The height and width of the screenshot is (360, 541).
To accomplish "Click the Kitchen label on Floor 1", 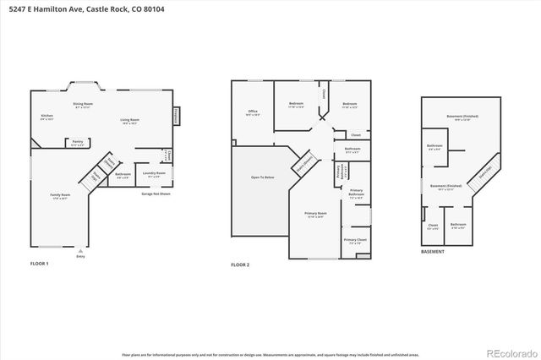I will pos(47,117).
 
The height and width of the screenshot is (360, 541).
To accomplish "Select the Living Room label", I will pos(129,121).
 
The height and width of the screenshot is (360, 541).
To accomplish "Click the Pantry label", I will pos(77,142).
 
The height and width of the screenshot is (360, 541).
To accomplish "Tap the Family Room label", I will pos(59,196).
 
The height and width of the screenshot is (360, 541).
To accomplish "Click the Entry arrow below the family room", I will pos(80,252).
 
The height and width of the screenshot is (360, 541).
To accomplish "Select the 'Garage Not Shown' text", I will pos(156,194).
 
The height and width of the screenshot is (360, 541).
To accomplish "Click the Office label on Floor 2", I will pos(252,112).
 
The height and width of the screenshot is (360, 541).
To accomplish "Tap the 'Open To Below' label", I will pos(262,178).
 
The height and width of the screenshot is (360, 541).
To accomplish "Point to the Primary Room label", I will pos(316,214).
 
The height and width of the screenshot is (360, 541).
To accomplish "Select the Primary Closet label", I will pos(354,241).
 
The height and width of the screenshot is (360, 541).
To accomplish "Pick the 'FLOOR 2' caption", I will pos(240,265).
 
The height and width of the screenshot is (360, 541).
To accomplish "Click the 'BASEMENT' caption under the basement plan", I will pos(433,252).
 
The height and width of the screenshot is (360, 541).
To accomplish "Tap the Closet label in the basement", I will pos(432,226).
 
